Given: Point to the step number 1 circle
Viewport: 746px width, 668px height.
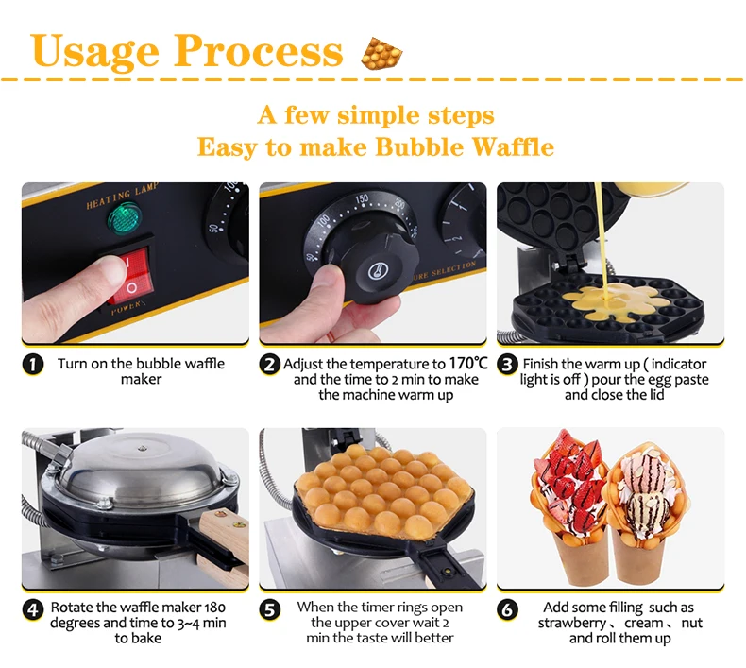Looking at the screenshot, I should tap(33, 365).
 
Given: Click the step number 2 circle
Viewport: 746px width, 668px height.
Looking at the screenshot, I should tap(270, 365).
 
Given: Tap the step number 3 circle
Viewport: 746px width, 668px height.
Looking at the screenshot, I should tap(508, 365).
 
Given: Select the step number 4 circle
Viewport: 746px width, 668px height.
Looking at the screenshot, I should tap(33, 609).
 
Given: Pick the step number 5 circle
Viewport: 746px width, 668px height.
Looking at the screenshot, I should tap(270, 609).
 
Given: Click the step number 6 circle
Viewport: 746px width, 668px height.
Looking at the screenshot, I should tap(508, 609).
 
